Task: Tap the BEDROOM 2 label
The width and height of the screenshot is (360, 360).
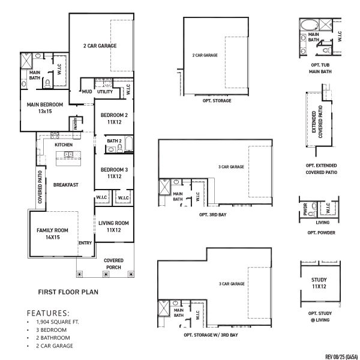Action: click(x=114, y=118)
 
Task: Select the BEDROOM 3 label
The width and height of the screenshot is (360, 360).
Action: click(x=114, y=173)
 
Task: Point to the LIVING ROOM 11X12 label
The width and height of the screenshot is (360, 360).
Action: click(x=114, y=226)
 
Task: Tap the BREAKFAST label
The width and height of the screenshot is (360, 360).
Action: click(x=65, y=185)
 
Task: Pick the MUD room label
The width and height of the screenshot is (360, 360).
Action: click(x=87, y=92)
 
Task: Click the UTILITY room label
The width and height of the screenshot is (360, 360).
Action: click(x=105, y=92)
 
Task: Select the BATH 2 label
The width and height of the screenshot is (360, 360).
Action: click(x=114, y=140)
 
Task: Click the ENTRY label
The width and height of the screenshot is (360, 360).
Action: click(x=85, y=243)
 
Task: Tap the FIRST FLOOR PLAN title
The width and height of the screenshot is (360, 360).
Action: click(x=68, y=293)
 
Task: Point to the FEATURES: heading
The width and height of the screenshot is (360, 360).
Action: click(x=48, y=313)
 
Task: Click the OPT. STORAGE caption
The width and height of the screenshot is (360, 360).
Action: click(x=214, y=100)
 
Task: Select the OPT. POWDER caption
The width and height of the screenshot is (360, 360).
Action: click(x=321, y=233)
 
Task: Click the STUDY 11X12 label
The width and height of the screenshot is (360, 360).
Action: click(x=319, y=283)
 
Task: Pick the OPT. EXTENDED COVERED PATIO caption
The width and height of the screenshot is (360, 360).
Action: click(x=321, y=168)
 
